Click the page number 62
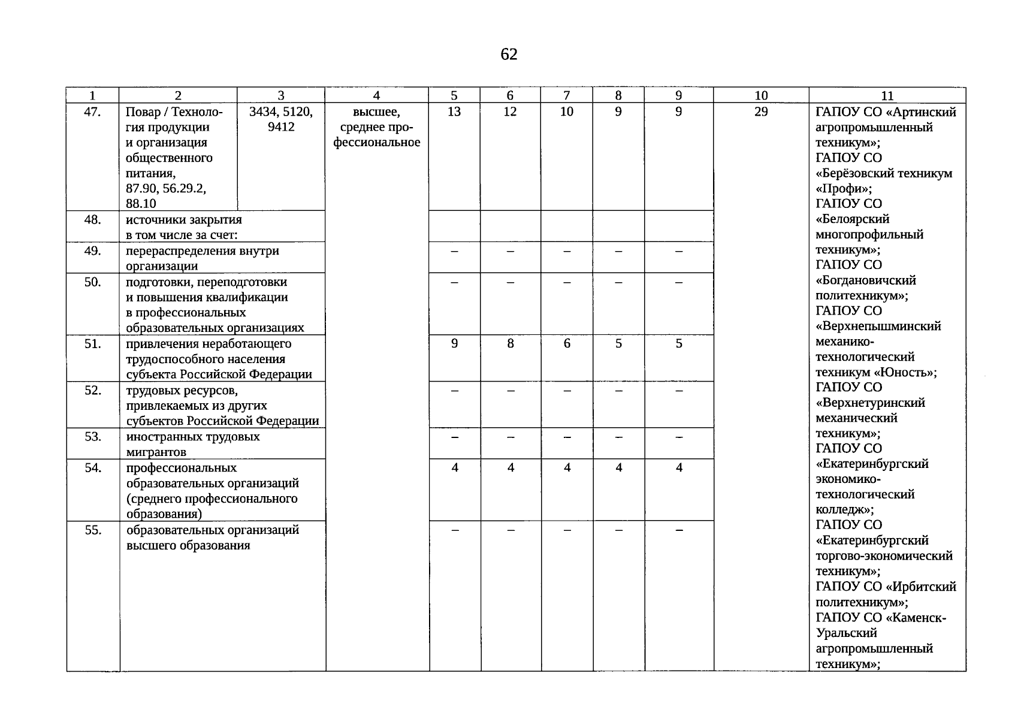(x=509, y=55)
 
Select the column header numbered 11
(x=887, y=95)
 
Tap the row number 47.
(x=92, y=111)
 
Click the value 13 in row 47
(x=454, y=111)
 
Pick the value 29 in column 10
(x=761, y=111)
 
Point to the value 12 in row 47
(x=510, y=111)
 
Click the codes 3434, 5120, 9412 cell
(x=281, y=119)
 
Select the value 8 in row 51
(x=511, y=343)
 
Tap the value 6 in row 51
(x=567, y=343)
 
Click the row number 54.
(x=93, y=467)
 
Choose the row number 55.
(x=93, y=530)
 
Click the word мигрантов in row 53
(x=156, y=452)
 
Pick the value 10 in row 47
(x=567, y=111)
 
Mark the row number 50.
(x=93, y=282)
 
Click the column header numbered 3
(x=281, y=95)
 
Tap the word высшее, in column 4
(x=376, y=112)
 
